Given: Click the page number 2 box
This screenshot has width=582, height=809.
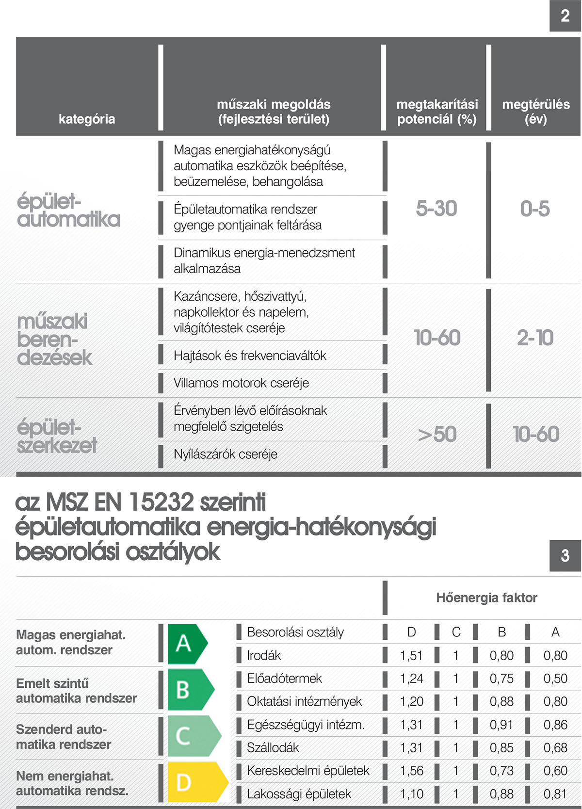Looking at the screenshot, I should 565,16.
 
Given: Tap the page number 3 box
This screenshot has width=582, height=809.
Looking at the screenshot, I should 565,555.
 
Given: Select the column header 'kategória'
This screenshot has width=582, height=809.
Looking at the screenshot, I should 87,119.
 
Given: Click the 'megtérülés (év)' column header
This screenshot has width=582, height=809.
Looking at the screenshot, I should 536,112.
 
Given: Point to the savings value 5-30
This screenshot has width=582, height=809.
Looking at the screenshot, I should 436,209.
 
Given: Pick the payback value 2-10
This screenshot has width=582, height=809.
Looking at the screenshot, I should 535,338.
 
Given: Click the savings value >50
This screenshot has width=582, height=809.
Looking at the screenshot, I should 437,434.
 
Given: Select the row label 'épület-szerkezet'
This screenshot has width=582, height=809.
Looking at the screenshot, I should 57,436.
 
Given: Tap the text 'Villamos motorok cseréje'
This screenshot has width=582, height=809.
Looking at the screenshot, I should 241,383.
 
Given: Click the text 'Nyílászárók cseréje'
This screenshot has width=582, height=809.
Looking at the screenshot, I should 226,454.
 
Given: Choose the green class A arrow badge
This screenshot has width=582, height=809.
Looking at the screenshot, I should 187,644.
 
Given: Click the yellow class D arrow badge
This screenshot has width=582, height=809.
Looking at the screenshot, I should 196,782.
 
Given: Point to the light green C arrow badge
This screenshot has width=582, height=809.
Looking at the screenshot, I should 193,736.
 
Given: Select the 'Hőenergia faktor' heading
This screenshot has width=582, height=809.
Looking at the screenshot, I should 486,598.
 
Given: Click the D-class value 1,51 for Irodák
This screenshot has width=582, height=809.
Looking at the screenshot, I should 411,655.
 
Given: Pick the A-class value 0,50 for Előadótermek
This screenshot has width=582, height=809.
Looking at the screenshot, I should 555,679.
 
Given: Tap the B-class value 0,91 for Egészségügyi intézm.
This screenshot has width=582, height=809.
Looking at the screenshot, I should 501,725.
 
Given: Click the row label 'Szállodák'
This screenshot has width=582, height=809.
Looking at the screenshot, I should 273,747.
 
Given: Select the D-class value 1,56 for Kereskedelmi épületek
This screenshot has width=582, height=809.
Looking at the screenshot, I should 411,771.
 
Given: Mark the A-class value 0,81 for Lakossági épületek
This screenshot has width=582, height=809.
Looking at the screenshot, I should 555,794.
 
